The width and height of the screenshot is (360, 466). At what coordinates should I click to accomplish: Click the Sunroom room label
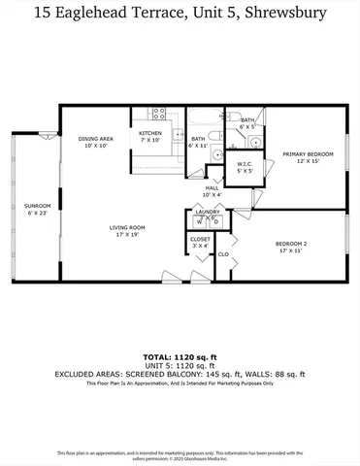pos(37,206)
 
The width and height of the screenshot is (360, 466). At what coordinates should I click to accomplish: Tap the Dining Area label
pos(96,139)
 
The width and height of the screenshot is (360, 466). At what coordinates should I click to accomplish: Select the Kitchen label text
pos(150,133)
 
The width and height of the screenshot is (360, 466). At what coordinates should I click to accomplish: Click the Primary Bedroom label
pos(307,154)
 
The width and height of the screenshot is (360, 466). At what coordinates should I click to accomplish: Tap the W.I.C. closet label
pos(245,164)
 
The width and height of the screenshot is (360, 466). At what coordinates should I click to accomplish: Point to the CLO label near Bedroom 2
pos(222,254)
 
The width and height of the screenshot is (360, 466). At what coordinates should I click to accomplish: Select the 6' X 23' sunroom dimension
pos(37,213)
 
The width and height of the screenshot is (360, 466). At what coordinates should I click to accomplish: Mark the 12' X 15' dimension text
pos(307,161)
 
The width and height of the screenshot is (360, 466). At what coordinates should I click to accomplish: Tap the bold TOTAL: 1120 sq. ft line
pos(180,356)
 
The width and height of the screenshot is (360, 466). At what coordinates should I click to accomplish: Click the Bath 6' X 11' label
pos(198,143)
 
